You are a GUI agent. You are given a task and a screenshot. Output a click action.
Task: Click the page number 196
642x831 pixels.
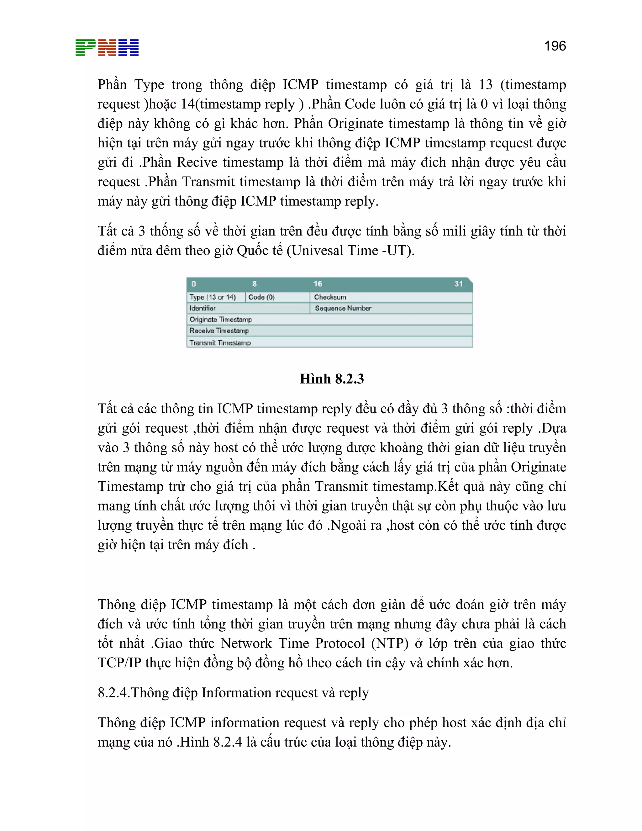pyautogui.click(x=555, y=46)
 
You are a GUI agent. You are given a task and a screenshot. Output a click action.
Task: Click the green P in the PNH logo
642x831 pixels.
pyautogui.click(x=85, y=48)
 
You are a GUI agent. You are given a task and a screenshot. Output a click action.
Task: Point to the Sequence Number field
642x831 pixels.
pyautogui.click(x=343, y=308)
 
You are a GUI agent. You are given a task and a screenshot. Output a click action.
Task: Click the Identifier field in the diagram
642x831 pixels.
pyautogui.click(x=203, y=308)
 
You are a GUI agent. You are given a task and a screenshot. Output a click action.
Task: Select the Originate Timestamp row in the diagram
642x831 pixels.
pyautogui.click(x=221, y=320)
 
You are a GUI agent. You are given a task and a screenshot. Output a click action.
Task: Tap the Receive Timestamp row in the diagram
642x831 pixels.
pyautogui.click(x=219, y=331)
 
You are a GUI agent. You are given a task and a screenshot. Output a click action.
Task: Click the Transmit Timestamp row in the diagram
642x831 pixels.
pyautogui.click(x=220, y=342)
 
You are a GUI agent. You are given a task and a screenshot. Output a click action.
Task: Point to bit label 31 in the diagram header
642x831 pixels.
pyautogui.click(x=458, y=284)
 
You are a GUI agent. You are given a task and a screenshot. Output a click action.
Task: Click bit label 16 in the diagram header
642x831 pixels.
pyautogui.click(x=318, y=284)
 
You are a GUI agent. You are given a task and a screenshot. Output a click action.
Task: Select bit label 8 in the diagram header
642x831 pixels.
pyautogui.click(x=255, y=284)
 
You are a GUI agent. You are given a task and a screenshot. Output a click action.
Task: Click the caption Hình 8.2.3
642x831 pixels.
pyautogui.click(x=332, y=379)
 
